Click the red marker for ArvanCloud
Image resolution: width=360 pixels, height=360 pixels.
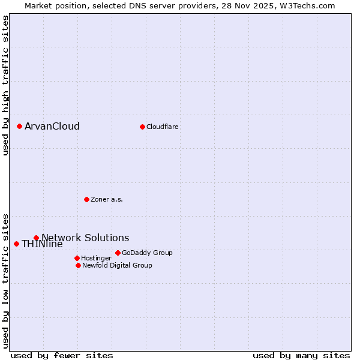(19, 126)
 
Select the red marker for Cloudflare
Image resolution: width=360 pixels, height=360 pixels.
(142, 127)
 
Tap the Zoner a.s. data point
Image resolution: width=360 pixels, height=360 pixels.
(86, 199)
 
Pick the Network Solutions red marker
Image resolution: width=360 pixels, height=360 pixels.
(36, 238)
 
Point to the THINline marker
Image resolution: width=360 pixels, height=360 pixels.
(16, 244)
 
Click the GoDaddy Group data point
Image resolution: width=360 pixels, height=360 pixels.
(118, 253)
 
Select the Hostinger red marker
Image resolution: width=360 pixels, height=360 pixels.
(77, 258)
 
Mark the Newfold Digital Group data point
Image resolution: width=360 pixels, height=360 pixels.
(78, 265)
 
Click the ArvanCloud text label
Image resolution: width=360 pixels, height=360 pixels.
(52, 126)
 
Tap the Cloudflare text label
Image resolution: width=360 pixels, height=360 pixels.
(163, 127)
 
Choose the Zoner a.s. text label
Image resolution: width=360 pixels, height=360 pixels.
(107, 199)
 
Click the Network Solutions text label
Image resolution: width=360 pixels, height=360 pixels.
(85, 238)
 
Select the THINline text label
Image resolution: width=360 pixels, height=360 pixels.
(42, 244)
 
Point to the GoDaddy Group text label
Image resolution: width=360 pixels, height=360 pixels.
(147, 253)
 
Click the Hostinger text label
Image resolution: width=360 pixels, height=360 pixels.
(96, 258)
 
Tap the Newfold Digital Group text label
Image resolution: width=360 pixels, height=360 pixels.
(117, 265)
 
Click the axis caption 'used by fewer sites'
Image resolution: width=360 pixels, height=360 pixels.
(62, 355)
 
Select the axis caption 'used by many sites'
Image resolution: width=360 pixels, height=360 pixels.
(301, 355)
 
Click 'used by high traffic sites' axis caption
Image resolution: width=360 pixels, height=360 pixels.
(6, 86)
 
